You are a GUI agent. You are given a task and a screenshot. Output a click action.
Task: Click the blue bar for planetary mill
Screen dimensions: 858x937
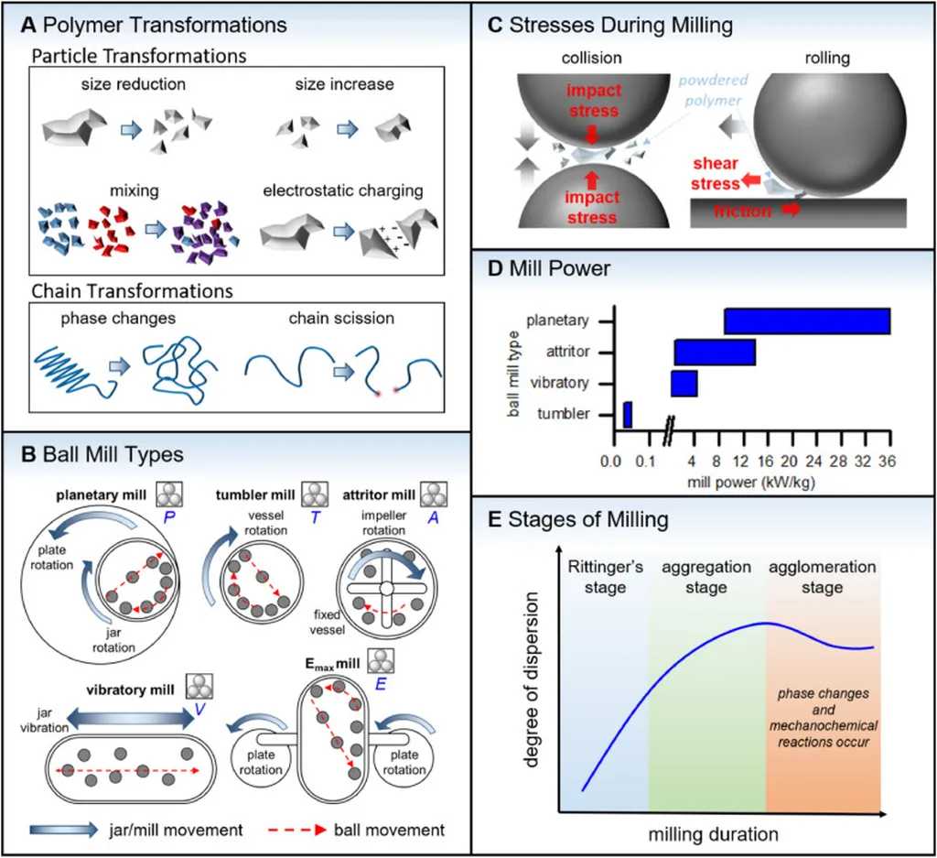point(806,321)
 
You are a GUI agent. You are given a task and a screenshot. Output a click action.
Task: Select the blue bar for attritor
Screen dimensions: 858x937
point(715,353)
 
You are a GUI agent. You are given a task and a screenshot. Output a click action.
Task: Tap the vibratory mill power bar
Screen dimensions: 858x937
point(684,384)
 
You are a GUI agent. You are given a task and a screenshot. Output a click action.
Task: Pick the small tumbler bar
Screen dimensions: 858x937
point(628,415)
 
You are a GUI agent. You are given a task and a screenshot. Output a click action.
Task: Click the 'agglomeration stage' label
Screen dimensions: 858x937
point(822,577)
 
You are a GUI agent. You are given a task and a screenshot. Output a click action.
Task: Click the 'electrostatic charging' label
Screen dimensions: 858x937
point(343,190)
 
